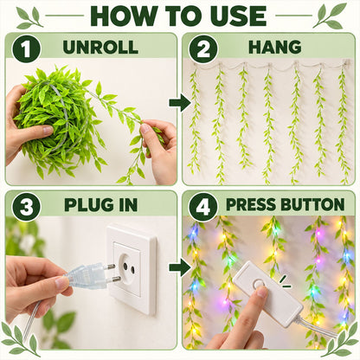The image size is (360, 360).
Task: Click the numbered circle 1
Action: tap(26, 48)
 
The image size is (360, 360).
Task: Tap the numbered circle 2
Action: tap(203, 48)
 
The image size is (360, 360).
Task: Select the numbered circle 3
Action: tap(26, 207)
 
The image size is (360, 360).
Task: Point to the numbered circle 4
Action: tap(203, 207)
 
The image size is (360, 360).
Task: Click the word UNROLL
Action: tap(100, 47)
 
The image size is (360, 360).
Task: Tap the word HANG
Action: tap(275, 47)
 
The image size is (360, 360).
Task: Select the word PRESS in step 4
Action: tap(251, 204)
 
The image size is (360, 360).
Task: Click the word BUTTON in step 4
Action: tap(312, 204)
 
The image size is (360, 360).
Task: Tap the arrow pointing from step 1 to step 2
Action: tap(179, 102)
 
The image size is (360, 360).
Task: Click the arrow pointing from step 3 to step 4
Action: tap(179, 267)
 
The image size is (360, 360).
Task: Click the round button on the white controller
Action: tap(259, 284)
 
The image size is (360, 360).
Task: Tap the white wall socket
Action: tap(132, 269)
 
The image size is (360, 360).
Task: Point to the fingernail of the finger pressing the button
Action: tap(262, 292)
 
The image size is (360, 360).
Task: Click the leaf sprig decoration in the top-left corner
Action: tap(29, 17)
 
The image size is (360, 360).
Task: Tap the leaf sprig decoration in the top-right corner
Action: tap(331, 15)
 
